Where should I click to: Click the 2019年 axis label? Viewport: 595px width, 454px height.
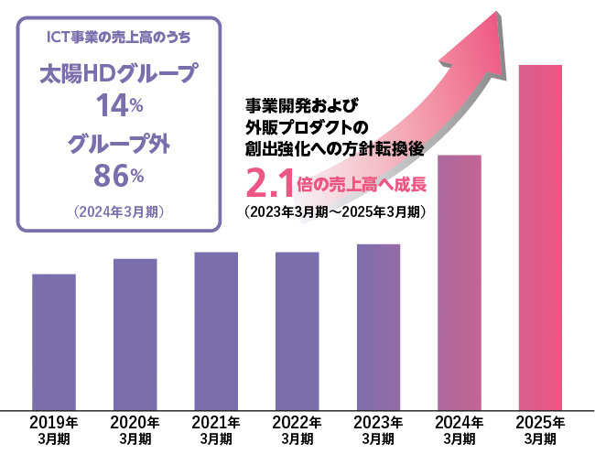(x=54, y=422)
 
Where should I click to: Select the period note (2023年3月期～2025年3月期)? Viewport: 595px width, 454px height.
(x=334, y=211)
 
